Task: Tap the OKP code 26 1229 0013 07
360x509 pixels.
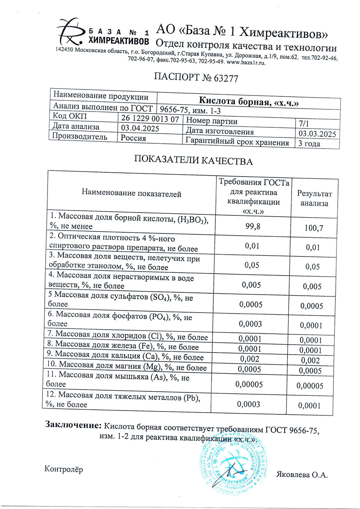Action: pos(150,118)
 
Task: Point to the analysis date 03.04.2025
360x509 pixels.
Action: pos(140,128)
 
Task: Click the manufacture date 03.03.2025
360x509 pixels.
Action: pos(317,134)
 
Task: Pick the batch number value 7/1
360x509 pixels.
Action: pos(304,123)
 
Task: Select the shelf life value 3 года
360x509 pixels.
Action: pos(309,144)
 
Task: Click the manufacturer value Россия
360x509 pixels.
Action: pos(133,138)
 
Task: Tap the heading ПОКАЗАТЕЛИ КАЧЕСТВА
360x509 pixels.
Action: pos(193,160)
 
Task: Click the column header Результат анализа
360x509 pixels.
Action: pos(314,198)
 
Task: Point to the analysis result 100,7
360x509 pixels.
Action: pos(314,228)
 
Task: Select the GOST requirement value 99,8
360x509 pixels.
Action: pos(253,226)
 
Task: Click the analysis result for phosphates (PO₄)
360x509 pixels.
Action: pos(311,326)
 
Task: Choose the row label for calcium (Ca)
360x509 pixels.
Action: pos(125,356)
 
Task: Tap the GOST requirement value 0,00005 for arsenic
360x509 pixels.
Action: pos(249,384)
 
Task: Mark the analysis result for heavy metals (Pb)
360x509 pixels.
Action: pos(309,406)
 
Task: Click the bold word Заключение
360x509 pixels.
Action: pos(73,425)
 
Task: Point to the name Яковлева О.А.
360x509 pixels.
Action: pos(302,475)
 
